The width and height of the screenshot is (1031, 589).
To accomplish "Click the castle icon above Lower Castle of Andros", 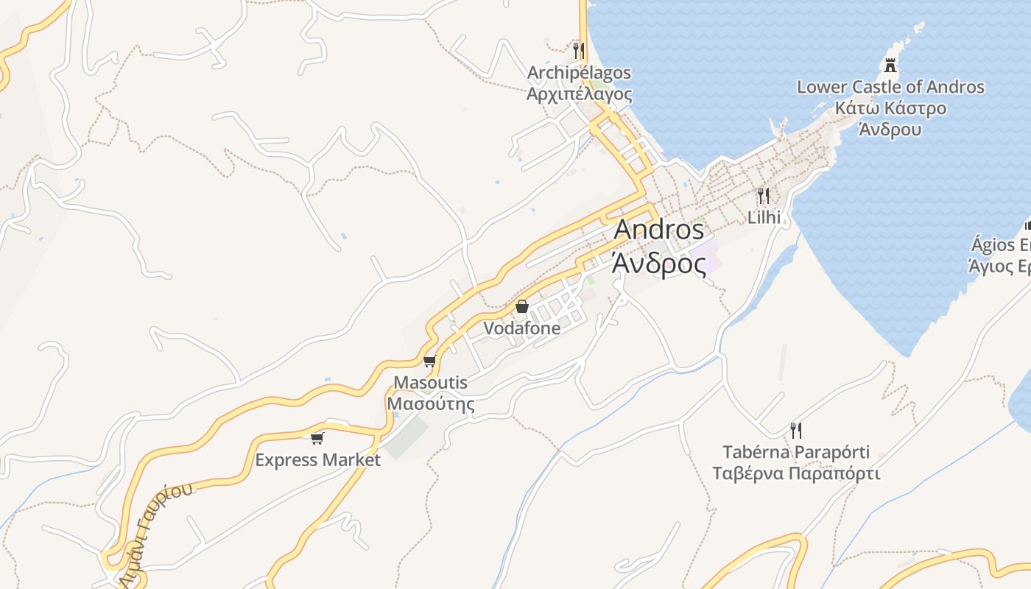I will tap(891, 66).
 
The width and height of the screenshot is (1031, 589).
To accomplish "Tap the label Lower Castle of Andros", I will tap(890, 87).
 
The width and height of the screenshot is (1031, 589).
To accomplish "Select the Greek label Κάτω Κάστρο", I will tap(890, 108).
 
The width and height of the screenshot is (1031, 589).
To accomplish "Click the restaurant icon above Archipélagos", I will tap(579, 51).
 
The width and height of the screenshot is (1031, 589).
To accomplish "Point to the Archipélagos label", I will tap(579, 73).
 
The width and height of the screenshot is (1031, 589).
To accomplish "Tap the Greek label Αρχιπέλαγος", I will tap(579, 94).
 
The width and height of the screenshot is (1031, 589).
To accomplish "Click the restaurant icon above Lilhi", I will tap(764, 196).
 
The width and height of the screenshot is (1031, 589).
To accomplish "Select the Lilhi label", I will tap(764, 217).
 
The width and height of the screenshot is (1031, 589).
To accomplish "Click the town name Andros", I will tap(658, 230).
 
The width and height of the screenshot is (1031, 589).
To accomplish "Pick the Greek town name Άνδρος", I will tap(658, 263).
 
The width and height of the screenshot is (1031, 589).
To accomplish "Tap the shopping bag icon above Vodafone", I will tap(522, 306).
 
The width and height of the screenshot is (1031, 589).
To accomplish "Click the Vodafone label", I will tap(522, 328).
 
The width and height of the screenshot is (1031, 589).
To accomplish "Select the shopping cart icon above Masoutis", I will tap(430, 361).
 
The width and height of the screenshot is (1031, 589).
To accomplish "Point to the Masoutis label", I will tap(431, 383).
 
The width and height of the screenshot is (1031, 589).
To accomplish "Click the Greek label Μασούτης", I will tap(431, 404).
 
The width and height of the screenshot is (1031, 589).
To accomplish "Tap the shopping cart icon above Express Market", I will tap(317, 438).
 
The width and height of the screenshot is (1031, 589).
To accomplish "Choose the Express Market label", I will tap(317, 460).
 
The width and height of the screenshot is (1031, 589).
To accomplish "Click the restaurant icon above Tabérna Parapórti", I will tap(796, 429).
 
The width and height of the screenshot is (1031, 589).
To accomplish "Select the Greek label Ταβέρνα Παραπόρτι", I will tap(796, 473).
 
